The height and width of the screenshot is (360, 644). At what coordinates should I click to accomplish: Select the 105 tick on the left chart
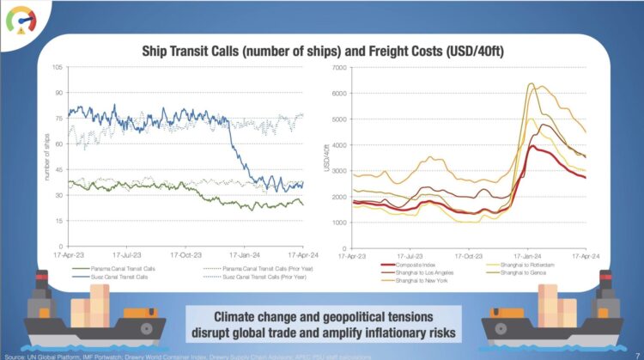pyautogui.click(x=58, y=67)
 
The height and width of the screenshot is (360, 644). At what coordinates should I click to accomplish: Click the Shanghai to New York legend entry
pyautogui.click(x=410, y=281)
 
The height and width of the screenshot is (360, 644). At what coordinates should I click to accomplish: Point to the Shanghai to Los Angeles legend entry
pyautogui.click(x=415, y=272)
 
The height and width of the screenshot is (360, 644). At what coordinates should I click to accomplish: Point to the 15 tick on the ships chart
pyautogui.click(x=60, y=221)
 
